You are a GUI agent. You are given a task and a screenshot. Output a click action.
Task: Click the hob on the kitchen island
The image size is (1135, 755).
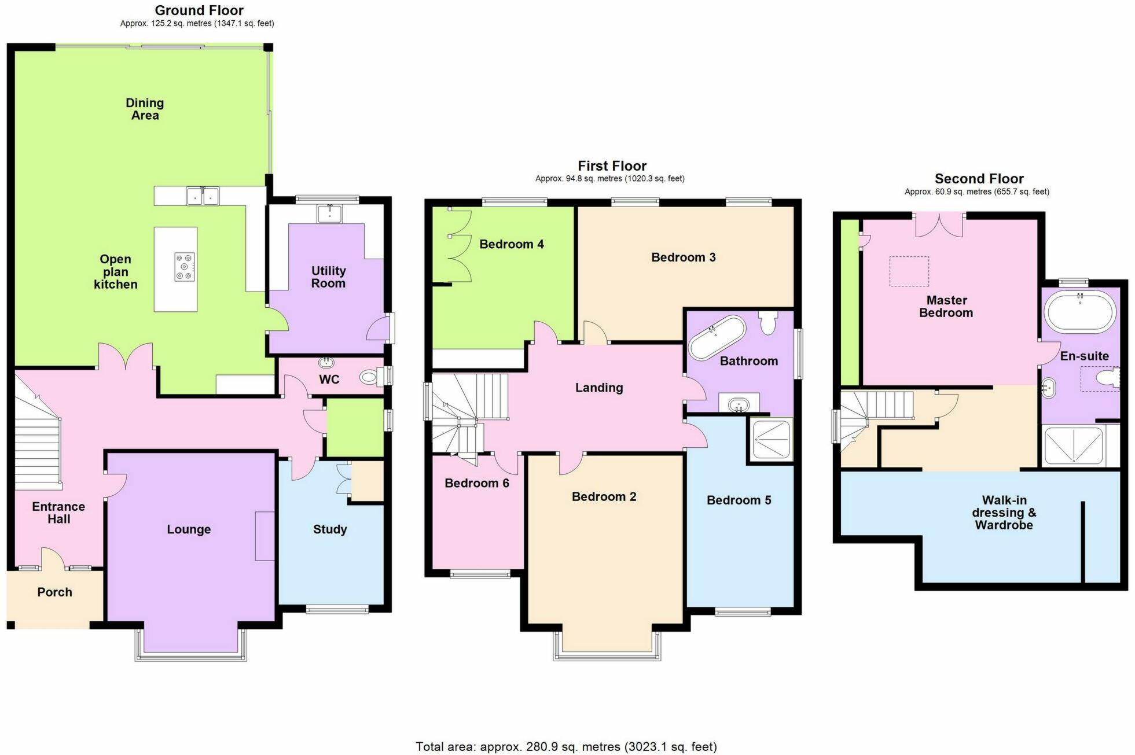(x=185, y=267)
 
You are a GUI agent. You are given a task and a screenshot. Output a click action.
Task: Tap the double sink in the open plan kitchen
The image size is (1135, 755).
(x=203, y=196)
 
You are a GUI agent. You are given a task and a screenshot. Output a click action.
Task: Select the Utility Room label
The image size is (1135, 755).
(x=328, y=277)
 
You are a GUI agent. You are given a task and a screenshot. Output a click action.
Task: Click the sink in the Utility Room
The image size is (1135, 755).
(x=330, y=214)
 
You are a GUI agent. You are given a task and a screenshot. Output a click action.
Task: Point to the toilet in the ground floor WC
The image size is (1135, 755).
(x=369, y=378)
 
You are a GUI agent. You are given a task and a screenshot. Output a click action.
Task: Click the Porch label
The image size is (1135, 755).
(x=55, y=592)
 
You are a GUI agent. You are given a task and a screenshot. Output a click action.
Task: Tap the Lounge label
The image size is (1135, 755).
(x=189, y=529)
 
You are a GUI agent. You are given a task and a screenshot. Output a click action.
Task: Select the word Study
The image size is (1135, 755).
(x=330, y=529)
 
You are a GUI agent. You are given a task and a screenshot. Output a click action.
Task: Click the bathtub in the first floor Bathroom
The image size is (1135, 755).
(x=717, y=338)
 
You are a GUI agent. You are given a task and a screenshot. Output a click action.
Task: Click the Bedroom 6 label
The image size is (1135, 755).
(x=476, y=483)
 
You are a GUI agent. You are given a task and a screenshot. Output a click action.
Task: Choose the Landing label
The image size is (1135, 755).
(x=599, y=388)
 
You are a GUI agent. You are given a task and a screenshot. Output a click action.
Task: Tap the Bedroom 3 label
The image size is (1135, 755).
(x=683, y=257)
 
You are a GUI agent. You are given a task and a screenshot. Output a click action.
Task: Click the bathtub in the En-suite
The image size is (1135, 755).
(x=1079, y=311)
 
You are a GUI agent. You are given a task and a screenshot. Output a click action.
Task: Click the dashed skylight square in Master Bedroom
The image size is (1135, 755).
(x=909, y=271)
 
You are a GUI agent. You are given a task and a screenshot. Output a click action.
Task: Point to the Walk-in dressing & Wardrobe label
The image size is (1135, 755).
(x=1004, y=513)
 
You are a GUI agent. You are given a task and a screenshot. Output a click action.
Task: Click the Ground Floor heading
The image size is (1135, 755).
(x=199, y=10)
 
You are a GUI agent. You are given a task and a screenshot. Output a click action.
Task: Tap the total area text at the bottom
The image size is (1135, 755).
(x=566, y=746)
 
